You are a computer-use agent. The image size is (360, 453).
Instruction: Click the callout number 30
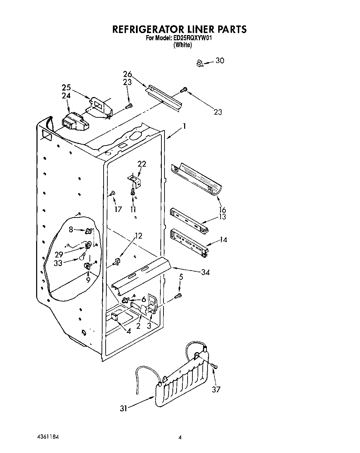(220, 61)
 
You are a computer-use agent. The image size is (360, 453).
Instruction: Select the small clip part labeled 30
(199, 63)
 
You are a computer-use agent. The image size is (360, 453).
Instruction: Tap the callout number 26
(127, 74)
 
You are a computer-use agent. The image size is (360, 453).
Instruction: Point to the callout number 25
(66, 87)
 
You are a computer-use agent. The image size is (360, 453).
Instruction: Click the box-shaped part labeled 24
(73, 122)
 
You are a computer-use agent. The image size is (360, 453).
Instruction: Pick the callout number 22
(142, 164)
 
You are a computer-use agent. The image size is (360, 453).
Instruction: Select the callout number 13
(222, 217)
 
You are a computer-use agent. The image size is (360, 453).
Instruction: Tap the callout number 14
(223, 240)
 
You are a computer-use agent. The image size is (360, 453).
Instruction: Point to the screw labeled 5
(178, 295)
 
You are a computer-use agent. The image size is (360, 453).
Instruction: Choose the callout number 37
(216, 389)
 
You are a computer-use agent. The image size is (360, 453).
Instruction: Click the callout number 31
(124, 408)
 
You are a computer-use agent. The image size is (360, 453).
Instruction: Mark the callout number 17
(118, 209)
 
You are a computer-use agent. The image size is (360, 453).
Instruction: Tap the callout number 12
(138, 236)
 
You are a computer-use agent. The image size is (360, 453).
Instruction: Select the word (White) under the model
(182, 45)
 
